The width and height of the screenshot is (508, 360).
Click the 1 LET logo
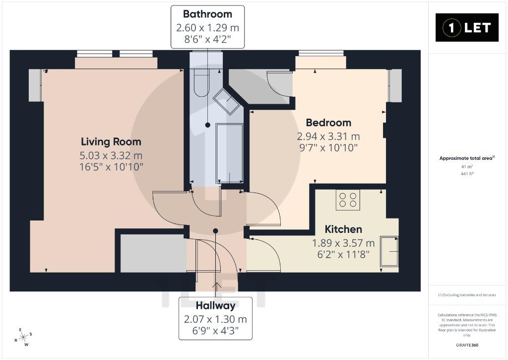(467, 28)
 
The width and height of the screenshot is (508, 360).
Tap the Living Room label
(111, 142)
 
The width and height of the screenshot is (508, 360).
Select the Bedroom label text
(328, 123)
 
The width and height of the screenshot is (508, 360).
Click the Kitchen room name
(343, 229)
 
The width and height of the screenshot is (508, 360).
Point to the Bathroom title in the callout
(208, 14)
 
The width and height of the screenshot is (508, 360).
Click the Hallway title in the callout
(215, 305)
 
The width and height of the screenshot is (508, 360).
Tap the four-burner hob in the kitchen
(348, 200)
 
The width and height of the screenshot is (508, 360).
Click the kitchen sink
(389, 251)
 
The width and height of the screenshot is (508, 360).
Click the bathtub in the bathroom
(229, 154)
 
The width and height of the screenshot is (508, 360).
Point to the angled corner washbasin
(226, 101)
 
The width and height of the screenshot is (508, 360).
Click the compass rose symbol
(23, 337)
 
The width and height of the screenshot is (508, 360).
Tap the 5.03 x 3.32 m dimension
(111, 156)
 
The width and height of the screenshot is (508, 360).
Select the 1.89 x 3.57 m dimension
(343, 243)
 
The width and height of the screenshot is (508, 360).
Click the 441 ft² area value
(467, 174)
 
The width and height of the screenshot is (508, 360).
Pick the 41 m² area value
(467, 167)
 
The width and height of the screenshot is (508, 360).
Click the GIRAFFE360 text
(467, 345)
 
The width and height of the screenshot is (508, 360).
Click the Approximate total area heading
(467, 158)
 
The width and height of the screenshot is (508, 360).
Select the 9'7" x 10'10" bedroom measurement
(328, 148)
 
